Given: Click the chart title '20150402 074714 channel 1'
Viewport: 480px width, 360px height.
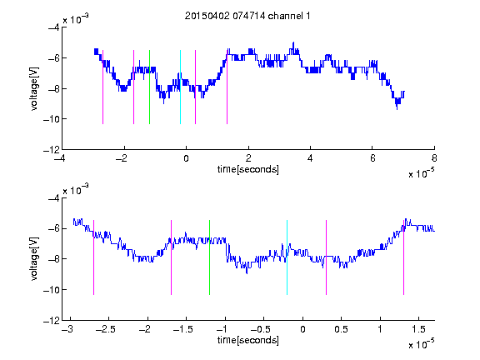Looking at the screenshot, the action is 247,16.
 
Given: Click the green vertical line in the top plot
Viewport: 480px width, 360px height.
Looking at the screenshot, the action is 149,87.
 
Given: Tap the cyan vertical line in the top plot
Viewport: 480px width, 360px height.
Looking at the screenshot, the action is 180,87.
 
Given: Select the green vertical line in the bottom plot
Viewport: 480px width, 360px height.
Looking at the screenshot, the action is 209,257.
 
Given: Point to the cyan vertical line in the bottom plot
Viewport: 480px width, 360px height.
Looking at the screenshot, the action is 287,257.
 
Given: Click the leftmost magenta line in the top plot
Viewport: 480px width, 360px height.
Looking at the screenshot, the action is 102,87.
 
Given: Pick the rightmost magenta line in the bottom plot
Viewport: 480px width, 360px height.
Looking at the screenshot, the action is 403,257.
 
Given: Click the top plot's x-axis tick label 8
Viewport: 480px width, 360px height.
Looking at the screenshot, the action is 434,158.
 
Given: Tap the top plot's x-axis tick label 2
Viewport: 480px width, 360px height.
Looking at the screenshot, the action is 248,158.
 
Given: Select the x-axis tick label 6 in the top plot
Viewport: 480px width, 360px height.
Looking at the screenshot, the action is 372,158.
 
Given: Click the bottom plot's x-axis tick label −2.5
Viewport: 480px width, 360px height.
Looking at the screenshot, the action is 105,329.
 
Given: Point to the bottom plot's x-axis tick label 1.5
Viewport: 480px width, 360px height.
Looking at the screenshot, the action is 418,329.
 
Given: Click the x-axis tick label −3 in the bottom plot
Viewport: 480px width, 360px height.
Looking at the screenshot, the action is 67,329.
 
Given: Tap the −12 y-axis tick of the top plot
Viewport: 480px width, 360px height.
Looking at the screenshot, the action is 52,150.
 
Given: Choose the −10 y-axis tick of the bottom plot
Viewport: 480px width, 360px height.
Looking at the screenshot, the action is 52,290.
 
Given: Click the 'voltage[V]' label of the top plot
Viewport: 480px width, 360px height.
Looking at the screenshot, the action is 34,89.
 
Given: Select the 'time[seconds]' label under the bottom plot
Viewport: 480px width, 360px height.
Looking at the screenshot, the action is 248,340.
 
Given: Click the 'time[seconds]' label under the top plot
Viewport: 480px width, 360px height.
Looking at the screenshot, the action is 248,169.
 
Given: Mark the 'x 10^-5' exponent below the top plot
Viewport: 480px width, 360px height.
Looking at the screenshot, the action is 421,172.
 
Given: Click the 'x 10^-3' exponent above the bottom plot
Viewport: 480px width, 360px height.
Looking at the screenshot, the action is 76,189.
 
